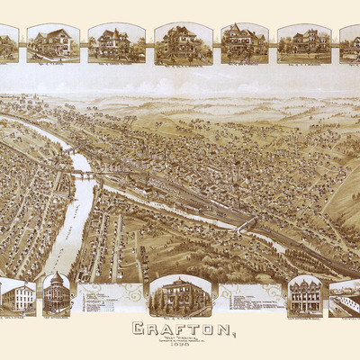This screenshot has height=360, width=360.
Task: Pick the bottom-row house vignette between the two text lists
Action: click(180, 294)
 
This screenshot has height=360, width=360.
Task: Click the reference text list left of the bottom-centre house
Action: click(110, 298)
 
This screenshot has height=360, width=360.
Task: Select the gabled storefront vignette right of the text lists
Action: click(306, 294)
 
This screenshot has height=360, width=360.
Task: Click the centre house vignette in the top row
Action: click(183, 42)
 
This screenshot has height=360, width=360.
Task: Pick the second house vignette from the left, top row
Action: click(52, 42)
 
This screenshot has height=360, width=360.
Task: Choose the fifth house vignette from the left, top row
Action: click(245, 42)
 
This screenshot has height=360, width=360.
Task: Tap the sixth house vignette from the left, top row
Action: click(304, 42)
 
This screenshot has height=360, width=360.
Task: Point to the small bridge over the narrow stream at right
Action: click(245, 224)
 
